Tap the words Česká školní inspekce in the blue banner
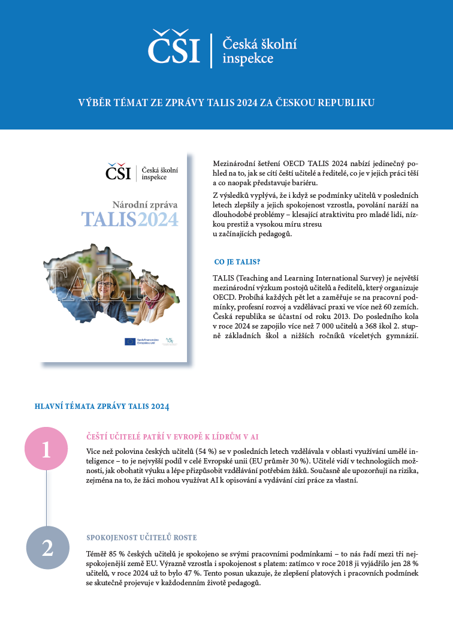point(259,51)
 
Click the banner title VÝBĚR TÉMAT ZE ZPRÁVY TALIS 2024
point(226,103)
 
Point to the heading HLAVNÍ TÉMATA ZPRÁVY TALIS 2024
point(102,407)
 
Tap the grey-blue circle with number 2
point(47,547)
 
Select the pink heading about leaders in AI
point(173,437)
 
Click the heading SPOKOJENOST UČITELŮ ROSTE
point(141,537)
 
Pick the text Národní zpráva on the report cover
point(145,204)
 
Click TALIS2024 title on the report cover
point(130,219)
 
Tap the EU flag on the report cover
point(130,341)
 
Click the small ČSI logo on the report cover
point(118,172)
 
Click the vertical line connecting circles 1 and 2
point(47,498)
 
